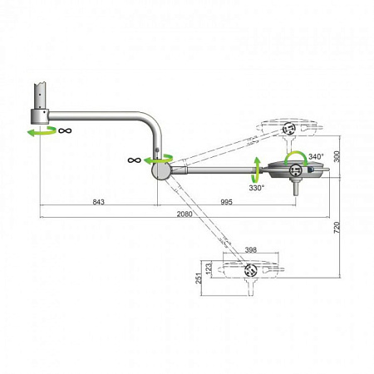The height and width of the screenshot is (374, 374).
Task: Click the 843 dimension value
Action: click(x=98, y=202)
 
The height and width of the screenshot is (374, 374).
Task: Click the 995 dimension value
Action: click(x=226, y=202)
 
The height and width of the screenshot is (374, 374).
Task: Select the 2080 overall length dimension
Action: click(x=185, y=214)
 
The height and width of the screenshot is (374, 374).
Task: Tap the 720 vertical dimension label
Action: click(x=337, y=228)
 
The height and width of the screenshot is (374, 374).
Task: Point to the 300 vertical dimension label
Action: click(x=337, y=157)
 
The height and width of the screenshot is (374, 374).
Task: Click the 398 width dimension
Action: click(x=251, y=250)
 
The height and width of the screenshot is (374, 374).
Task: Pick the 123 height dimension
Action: click(x=209, y=268)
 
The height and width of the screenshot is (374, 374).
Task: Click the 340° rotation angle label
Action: click(x=316, y=156)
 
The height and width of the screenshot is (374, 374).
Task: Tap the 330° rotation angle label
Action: click(x=257, y=188)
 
